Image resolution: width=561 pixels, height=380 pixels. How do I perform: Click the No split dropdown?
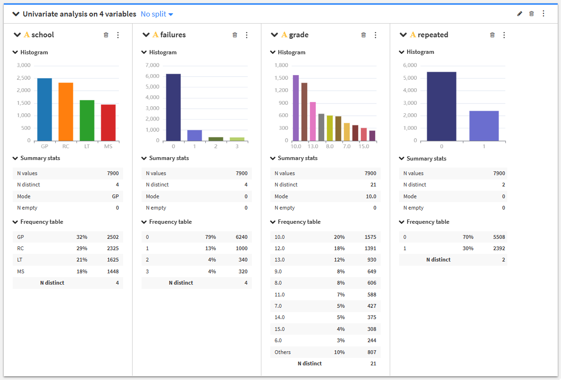point(157,14)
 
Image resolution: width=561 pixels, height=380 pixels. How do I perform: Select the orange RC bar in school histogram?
point(66,111)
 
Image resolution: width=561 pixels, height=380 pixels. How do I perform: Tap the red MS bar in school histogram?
point(108,123)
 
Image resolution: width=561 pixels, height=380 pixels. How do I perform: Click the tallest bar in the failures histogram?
point(173,107)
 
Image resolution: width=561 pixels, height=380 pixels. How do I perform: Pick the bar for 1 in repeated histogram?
point(484,126)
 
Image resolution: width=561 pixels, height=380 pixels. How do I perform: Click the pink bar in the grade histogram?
point(313,121)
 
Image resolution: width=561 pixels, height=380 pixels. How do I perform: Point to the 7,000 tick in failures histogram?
point(152,65)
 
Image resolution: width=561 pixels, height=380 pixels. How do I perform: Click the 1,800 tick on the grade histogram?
point(281,65)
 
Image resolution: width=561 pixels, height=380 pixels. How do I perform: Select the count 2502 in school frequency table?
point(113,237)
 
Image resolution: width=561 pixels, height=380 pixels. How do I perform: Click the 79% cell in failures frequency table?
point(210,237)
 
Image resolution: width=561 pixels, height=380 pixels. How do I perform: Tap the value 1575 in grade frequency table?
point(370,237)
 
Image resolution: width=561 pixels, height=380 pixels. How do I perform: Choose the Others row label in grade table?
point(283,352)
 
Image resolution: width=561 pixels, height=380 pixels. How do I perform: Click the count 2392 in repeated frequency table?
point(499,248)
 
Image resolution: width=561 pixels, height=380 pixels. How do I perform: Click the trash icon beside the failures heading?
point(234,35)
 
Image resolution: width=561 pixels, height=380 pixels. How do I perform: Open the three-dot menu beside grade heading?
point(375,35)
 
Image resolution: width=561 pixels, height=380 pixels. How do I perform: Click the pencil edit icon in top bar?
point(519,14)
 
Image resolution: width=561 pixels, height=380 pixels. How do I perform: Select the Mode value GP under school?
point(115,196)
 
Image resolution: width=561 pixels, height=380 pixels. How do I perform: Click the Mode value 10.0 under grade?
point(371,196)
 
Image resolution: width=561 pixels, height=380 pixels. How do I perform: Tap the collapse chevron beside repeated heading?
point(403,35)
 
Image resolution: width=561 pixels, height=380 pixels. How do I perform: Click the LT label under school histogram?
point(87,146)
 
